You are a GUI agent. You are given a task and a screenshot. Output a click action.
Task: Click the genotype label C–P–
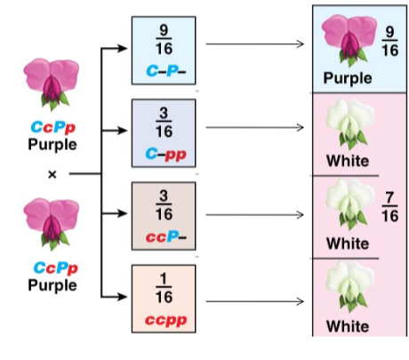(x=166, y=71)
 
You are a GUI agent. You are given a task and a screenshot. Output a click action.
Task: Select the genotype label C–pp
(x=166, y=155)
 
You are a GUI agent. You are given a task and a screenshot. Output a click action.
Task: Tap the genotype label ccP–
(x=166, y=236)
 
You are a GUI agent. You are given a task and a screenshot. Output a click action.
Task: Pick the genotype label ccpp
(x=166, y=321)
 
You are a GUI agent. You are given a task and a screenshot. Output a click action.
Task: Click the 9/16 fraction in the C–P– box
(x=164, y=39)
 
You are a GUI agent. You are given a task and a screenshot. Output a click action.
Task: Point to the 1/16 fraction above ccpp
(x=164, y=288)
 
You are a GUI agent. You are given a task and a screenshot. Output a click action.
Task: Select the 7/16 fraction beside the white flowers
(x=389, y=207)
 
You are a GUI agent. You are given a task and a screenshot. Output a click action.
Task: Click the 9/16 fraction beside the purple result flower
(x=389, y=41)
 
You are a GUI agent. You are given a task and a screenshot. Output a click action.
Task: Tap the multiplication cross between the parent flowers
(x=52, y=174)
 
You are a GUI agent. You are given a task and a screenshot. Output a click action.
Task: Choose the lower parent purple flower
(x=52, y=224)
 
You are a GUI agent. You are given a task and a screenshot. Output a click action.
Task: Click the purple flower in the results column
(x=349, y=41)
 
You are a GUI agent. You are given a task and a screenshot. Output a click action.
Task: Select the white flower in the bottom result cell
(x=350, y=286)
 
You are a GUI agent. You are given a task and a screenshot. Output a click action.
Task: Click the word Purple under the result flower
(x=348, y=78)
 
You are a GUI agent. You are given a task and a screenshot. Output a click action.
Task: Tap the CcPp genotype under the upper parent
(x=53, y=127)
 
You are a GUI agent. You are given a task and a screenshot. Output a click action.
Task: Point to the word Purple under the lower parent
(x=52, y=285)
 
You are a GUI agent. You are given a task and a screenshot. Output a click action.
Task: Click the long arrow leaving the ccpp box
(x=255, y=301)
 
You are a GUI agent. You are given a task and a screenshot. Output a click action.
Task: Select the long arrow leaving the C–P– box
(x=255, y=44)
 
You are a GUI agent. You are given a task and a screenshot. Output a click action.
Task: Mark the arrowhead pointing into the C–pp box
(x=123, y=131)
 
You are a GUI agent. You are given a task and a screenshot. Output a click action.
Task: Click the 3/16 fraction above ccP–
(x=164, y=205)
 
